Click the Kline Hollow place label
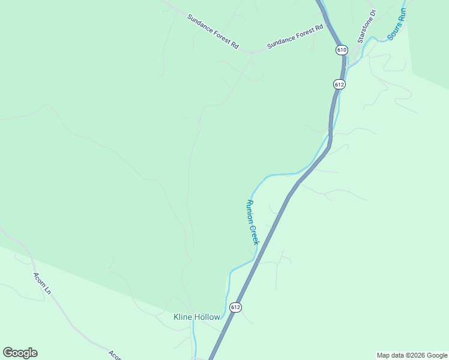point(197,317)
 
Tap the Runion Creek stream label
point(252,221)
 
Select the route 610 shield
point(342,50)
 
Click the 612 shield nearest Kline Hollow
point(235,307)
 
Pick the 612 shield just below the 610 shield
point(339,85)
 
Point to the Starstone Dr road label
point(366,26)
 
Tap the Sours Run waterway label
point(397,23)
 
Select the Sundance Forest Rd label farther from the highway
point(212,31)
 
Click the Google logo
point(20,353)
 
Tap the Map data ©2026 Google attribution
point(412,355)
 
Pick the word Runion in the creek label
point(249,211)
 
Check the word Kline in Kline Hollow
point(182,317)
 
